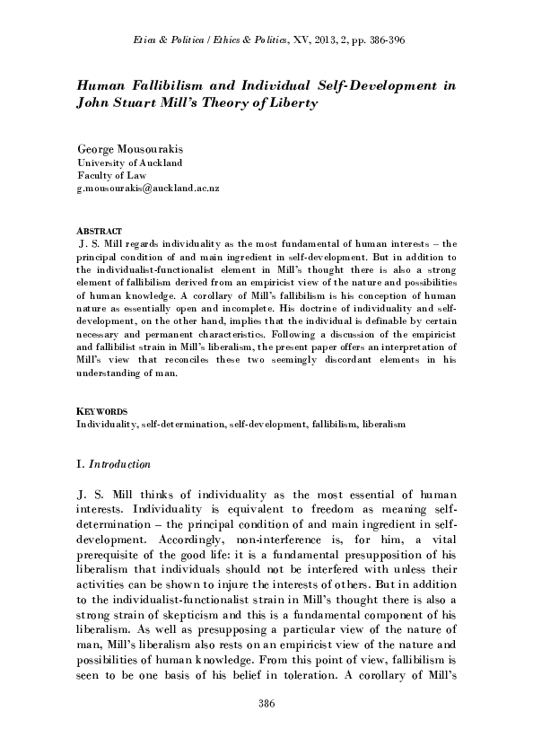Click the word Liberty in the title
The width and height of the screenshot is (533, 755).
(293, 104)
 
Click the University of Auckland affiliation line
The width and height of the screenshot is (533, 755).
(130, 162)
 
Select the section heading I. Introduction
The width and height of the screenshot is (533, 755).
(113, 464)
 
